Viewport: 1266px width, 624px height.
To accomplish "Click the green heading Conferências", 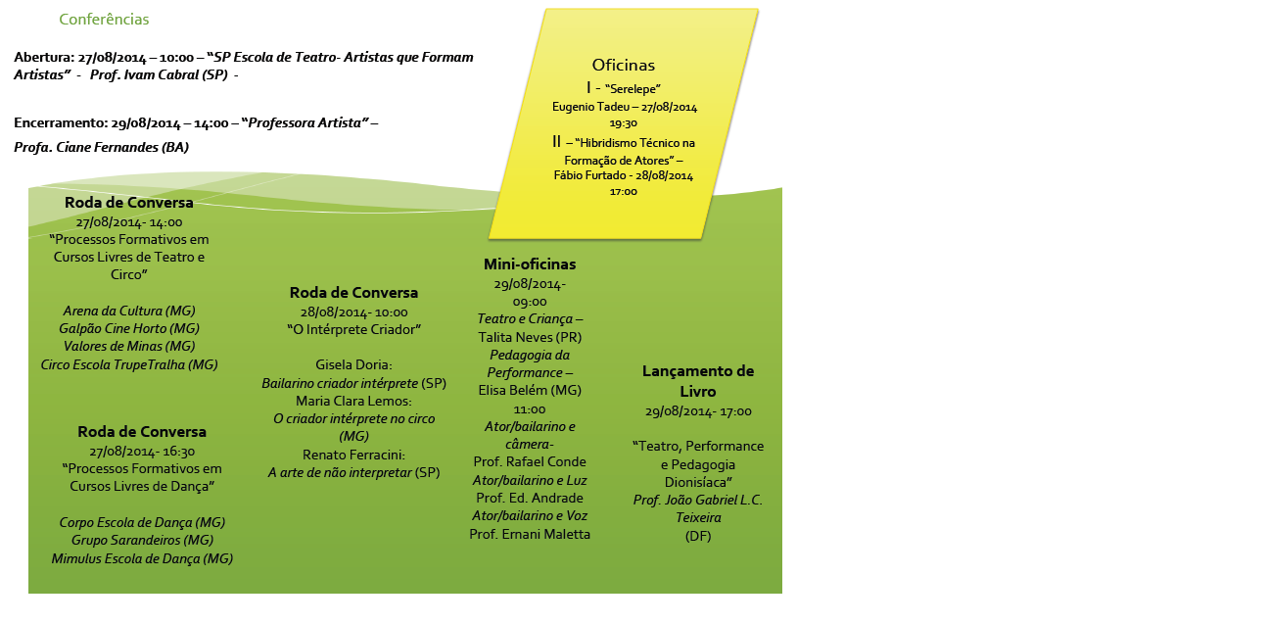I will coord(104,20).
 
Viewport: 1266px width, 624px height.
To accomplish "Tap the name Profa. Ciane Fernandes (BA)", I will coord(101,147).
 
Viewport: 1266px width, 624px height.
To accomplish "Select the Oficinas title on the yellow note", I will coord(623,65).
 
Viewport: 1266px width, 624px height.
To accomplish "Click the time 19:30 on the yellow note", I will coord(624,124).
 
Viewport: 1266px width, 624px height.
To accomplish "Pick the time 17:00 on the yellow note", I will coord(624,192).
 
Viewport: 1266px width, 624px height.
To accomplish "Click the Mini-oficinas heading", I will coord(530,264).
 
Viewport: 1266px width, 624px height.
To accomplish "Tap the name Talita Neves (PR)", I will coord(530,337).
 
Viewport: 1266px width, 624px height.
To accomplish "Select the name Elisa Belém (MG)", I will coord(530,390).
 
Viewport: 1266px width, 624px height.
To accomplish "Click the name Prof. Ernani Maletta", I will coord(530,534).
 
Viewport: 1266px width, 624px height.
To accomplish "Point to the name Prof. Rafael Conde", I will coord(530,461).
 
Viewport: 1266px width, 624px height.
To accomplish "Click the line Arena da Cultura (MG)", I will coord(129,311).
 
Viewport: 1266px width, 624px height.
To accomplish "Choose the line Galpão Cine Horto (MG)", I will coord(129,328).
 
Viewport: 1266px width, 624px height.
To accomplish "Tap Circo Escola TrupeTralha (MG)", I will coord(129,364).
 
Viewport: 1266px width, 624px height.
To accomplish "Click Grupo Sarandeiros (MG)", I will coord(142,540).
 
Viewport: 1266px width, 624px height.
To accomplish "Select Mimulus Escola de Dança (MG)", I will coord(142,558).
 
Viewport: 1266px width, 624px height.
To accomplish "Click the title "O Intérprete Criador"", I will coord(353,330).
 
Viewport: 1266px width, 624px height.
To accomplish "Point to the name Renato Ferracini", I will coord(353,455).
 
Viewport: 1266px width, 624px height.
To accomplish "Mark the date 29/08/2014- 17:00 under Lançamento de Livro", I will coord(698,411).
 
